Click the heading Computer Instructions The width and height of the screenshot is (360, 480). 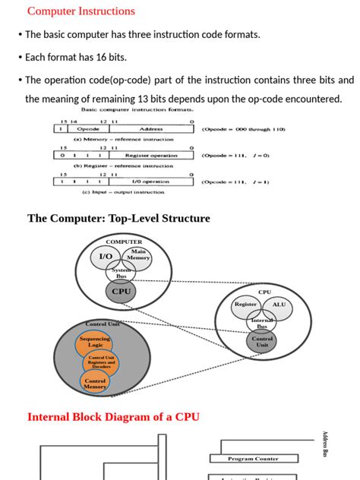(81, 11)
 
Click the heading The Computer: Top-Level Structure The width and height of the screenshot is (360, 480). (118, 219)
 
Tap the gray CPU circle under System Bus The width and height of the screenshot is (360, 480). (121, 291)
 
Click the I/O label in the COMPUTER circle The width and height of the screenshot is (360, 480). (106, 257)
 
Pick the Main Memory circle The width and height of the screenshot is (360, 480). (138, 256)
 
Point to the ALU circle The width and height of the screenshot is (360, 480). (279, 305)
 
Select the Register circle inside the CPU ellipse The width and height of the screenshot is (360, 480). (245, 305)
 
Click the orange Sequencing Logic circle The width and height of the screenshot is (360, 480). (95, 342)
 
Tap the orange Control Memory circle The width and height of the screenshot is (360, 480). (95, 384)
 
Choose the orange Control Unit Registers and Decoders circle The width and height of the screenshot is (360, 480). (101, 362)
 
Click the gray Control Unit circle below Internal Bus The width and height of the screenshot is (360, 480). (262, 342)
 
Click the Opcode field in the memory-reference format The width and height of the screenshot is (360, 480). (88, 129)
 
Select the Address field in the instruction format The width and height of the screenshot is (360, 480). (151, 129)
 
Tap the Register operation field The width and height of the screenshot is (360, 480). (151, 155)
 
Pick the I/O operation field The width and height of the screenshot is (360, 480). (151, 182)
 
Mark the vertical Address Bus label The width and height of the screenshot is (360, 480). (325, 444)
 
